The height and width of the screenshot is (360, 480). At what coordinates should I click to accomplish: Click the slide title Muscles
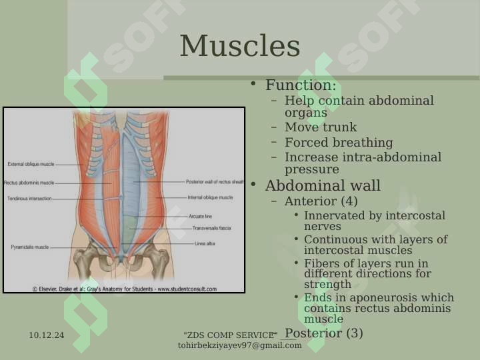240,46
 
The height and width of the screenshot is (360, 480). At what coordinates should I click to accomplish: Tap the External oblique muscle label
31,164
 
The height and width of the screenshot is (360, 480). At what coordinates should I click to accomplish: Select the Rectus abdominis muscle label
29,183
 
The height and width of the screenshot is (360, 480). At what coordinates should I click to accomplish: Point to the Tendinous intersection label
30,199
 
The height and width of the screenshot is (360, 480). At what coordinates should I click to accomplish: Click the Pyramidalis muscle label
30,247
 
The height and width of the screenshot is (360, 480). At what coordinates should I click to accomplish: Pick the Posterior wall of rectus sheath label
215,181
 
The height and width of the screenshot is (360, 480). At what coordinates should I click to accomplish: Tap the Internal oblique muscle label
210,197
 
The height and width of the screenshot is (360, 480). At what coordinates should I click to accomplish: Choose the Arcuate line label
200,216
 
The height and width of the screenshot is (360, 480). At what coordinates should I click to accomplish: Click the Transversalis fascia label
211,228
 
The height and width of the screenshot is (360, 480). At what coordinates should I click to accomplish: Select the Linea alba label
205,244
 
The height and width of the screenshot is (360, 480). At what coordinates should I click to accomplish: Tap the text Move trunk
321,127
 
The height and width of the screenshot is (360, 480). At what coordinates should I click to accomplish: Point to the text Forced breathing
339,143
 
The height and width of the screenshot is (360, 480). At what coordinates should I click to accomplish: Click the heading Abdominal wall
323,185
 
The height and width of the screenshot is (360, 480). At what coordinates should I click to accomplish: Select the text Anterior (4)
321,201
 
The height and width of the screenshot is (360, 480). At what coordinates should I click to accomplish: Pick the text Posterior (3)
324,333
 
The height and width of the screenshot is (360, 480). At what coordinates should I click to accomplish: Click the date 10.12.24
47,335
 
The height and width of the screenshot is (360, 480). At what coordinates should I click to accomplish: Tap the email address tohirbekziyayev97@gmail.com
240,345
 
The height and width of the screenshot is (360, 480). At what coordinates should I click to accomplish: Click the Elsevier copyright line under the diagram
125,289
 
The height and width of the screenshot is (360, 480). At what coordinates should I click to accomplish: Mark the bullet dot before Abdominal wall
253,184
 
